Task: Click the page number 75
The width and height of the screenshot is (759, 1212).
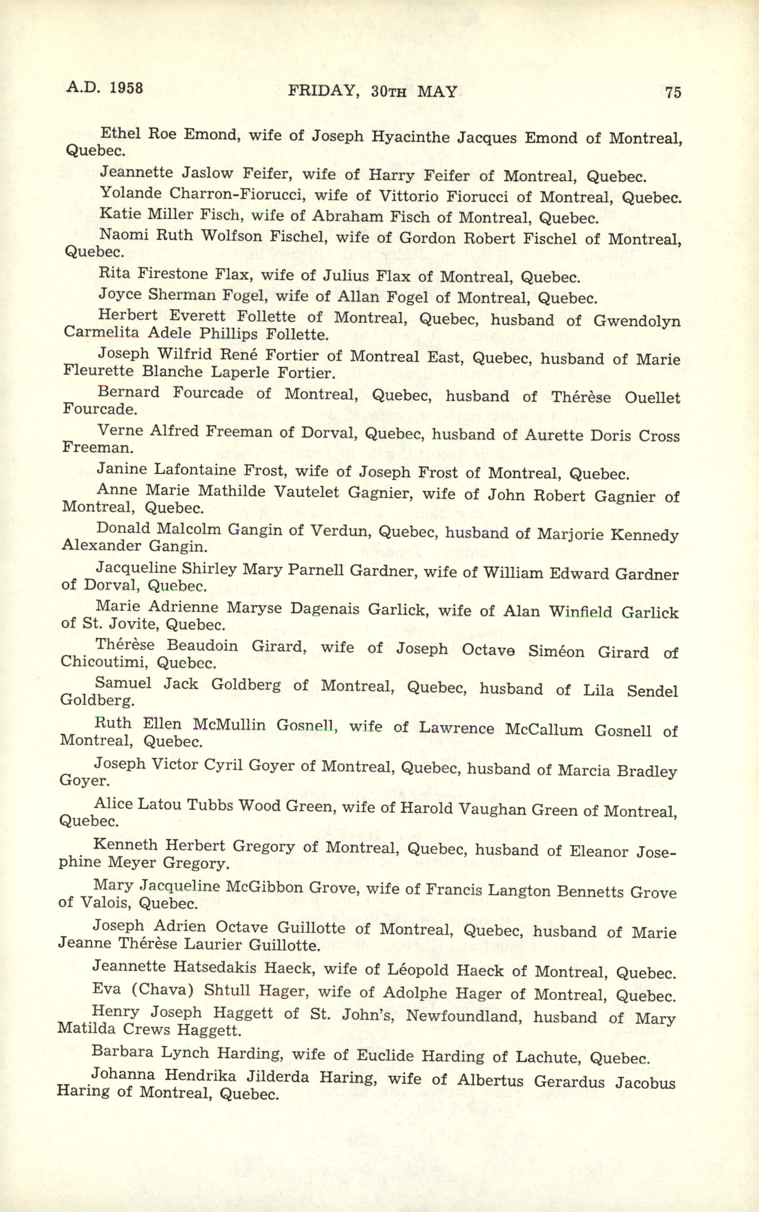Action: tap(673, 93)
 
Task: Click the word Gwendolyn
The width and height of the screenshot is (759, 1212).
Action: tap(637, 321)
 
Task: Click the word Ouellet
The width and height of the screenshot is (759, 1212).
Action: tap(652, 397)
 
